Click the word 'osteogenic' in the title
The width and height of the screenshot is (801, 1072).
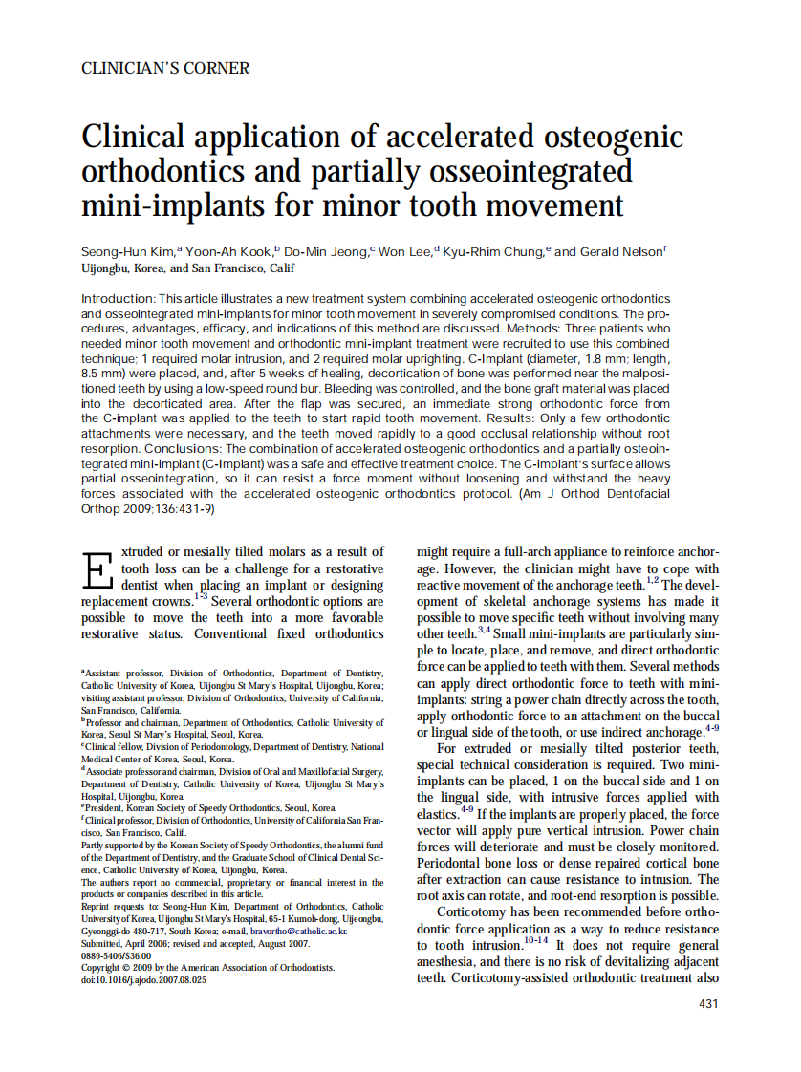pos(614,138)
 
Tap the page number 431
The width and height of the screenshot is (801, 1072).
pos(708,1003)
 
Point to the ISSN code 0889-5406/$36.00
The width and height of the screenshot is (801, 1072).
pos(117,955)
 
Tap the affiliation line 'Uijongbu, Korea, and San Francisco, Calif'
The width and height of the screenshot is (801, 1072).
pos(188,269)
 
